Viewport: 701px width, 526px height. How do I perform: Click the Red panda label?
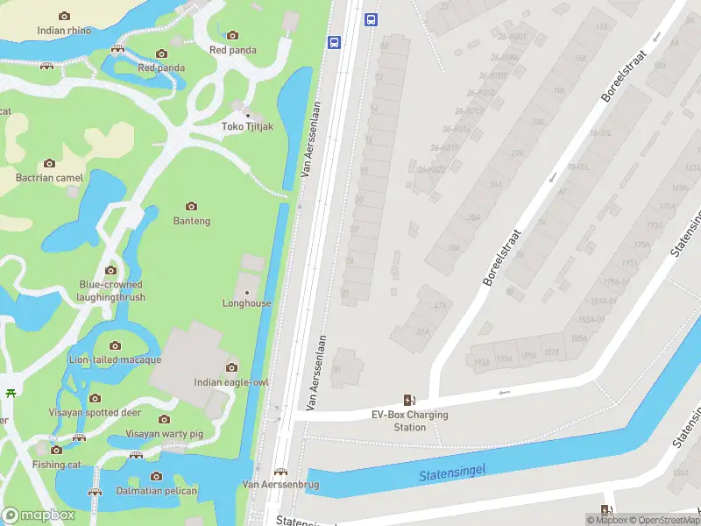[160, 68]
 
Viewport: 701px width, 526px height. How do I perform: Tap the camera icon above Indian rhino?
[64, 16]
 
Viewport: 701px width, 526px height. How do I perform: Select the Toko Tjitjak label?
[247, 126]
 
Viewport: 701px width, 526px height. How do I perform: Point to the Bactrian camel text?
[49, 178]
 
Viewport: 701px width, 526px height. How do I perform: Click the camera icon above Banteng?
[191, 207]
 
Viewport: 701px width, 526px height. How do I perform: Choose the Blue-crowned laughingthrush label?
[110, 291]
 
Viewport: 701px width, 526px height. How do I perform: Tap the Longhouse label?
[246, 303]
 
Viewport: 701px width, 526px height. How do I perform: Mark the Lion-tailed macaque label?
[115, 359]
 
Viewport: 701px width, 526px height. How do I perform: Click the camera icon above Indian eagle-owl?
[231, 367]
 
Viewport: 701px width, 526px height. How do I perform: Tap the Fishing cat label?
[55, 465]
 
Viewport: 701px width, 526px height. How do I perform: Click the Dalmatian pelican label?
[157, 491]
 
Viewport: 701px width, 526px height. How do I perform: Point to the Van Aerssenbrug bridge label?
[280, 484]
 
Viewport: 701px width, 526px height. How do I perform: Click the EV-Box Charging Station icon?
[409, 401]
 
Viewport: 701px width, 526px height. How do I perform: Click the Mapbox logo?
[39, 515]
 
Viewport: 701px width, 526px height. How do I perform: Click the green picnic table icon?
[11, 393]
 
